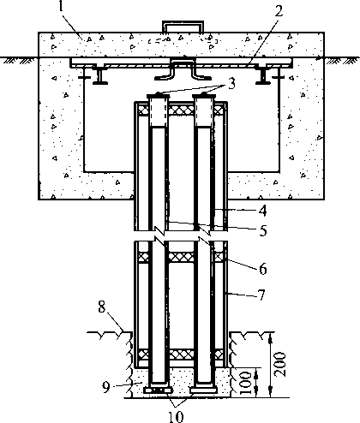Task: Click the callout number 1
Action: coord(61,6)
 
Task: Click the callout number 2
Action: coord(278,11)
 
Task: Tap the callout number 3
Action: coord(231,84)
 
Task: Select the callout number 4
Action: coord(262,211)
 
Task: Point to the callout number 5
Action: coord(263,230)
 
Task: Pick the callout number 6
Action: coord(263,269)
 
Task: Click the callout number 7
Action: coord(262,295)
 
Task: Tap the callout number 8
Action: coord(102,308)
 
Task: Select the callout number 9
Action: coord(106,387)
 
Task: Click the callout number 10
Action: coord(176,417)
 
